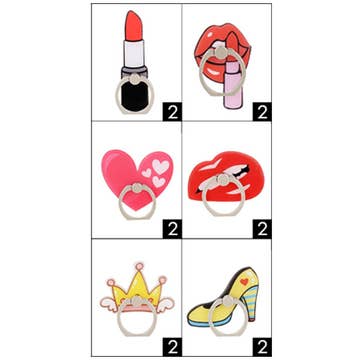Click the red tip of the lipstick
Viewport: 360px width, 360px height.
[x=134, y=26]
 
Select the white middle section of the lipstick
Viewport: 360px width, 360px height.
[x=134, y=53]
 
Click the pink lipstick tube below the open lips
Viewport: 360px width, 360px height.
[x=233, y=86]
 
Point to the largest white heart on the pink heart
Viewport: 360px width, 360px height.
[x=161, y=166]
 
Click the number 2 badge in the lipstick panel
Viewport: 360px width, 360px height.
[x=172, y=112]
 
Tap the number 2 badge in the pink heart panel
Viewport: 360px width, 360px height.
[x=172, y=229]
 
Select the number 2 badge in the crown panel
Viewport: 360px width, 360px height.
[x=172, y=347]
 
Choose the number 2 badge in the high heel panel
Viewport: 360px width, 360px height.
[x=262, y=347]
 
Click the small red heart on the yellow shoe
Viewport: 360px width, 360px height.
[x=244, y=282]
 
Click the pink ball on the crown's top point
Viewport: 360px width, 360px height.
[x=139, y=266]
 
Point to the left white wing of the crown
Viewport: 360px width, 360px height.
[x=108, y=305]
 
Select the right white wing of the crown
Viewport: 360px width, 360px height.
[x=165, y=305]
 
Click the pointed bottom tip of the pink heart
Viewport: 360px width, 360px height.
[x=135, y=209]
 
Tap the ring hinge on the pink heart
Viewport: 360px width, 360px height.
[x=137, y=188]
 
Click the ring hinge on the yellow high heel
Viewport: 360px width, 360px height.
[x=228, y=301]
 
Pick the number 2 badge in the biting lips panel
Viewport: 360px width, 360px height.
[x=262, y=229]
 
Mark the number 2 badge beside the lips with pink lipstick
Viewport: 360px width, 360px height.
[x=262, y=112]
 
